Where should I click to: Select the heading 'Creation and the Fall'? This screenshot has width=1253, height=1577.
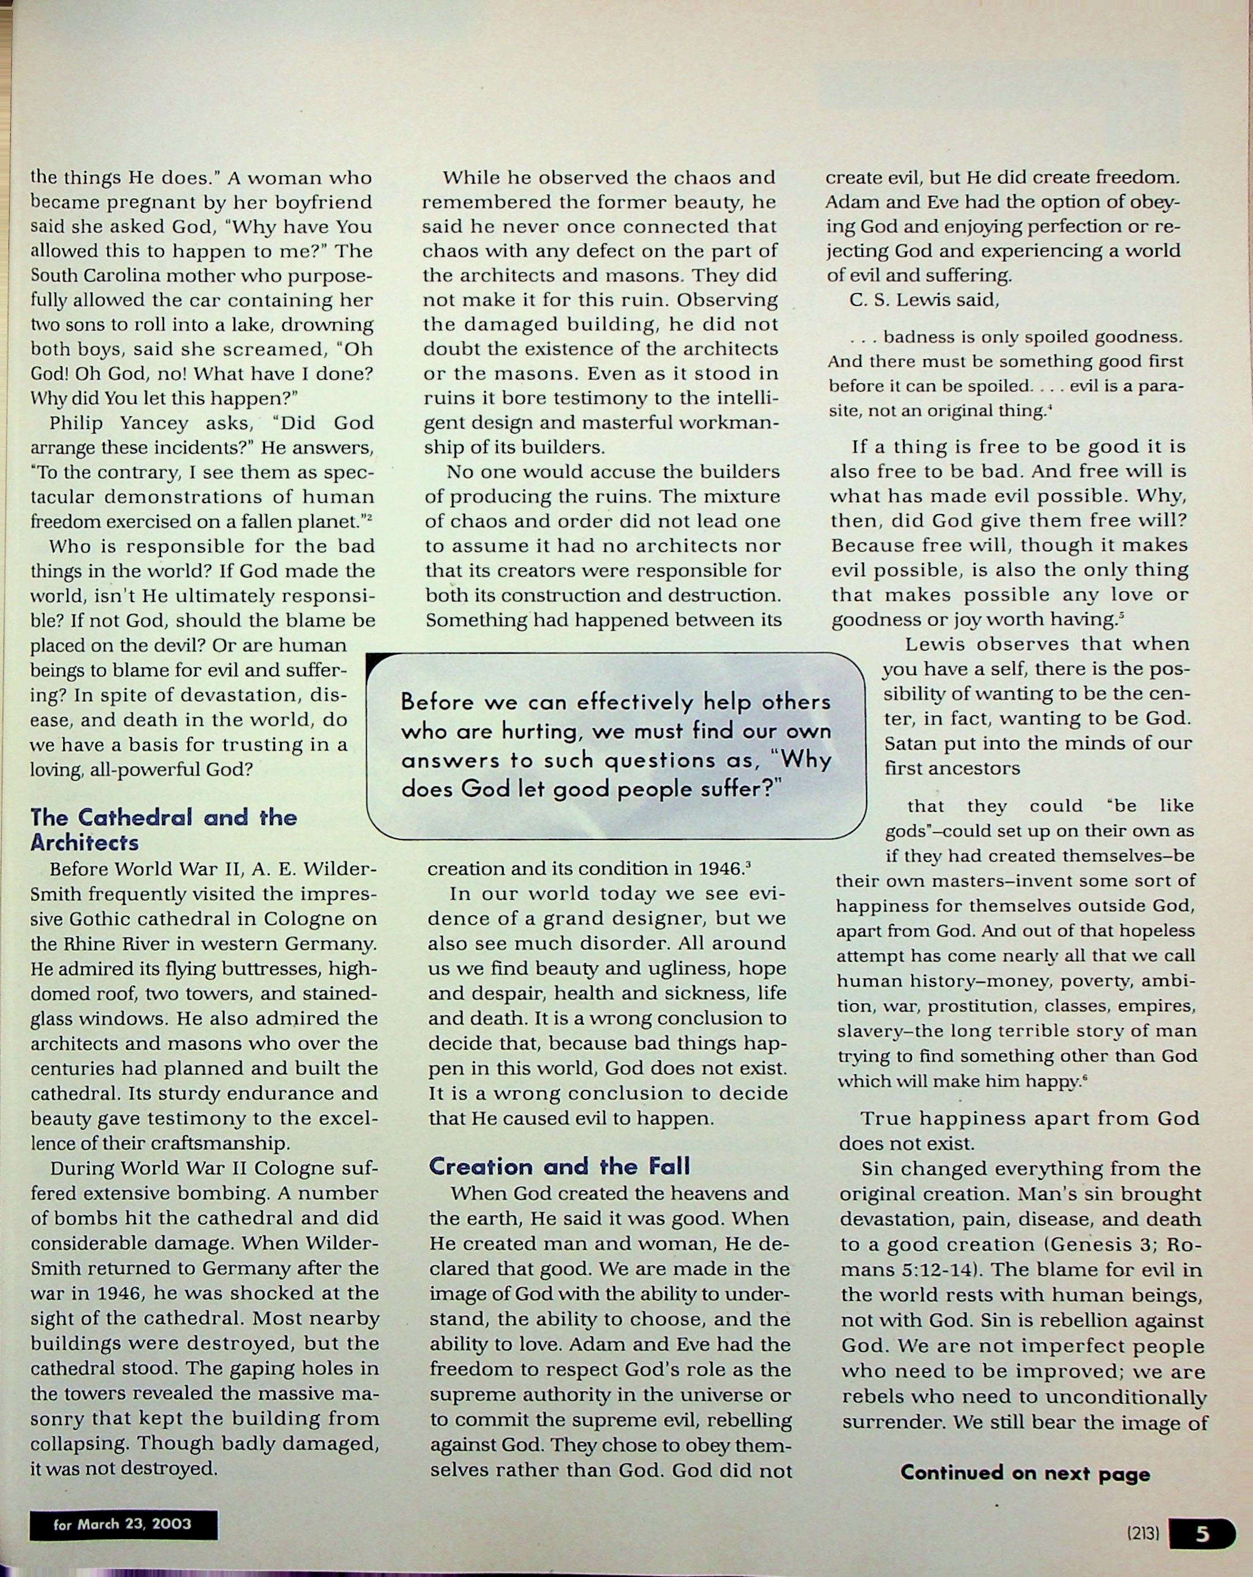coord(560,1166)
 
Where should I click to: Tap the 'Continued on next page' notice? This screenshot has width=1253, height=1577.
coord(1025,1472)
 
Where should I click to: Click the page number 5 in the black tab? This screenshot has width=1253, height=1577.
coord(1202,1534)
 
